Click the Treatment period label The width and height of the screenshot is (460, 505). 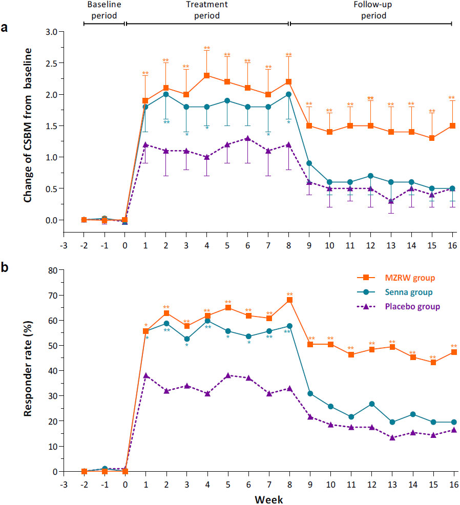click(207, 10)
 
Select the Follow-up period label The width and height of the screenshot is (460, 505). click(370, 10)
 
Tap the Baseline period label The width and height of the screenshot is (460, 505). click(104, 10)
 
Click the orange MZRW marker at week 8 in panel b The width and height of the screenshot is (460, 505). click(289, 300)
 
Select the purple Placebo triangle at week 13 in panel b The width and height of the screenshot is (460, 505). click(391, 437)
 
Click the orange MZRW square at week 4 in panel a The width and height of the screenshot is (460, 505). click(207, 76)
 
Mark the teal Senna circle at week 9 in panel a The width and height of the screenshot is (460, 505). click(309, 163)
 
